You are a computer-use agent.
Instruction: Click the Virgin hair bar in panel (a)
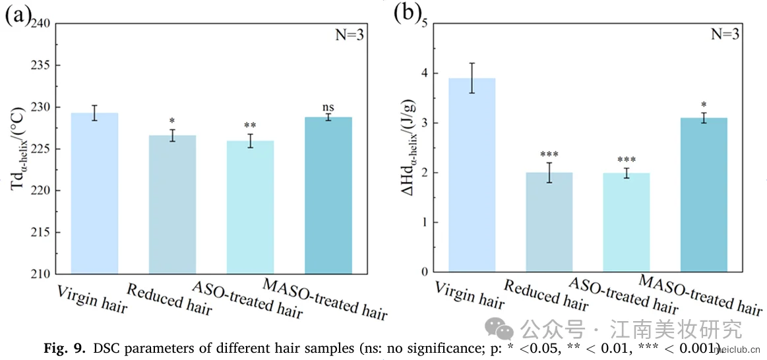94,193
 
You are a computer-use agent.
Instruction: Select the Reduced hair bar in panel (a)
172,204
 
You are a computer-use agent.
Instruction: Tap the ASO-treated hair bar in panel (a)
250,208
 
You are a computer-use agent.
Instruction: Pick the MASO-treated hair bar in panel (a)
328,196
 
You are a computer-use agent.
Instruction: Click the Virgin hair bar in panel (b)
472,175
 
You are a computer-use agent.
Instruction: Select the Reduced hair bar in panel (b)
549,222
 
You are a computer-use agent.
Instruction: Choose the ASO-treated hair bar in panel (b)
627,223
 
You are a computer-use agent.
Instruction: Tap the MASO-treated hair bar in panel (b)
704,195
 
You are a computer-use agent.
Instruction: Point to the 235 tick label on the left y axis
40,66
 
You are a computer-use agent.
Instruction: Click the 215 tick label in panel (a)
40,233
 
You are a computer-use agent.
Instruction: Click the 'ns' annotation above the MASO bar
328,107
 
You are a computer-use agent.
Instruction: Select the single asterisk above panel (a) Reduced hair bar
172,121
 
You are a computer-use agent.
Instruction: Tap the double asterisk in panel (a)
250,126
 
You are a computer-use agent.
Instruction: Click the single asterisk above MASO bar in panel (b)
704,105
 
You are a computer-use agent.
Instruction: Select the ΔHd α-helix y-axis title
410,147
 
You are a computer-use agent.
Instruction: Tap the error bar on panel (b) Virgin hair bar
472,78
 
